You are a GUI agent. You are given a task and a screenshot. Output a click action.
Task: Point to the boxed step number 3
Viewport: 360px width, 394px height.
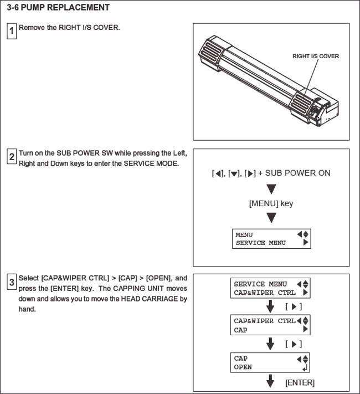pyautogui.click(x=11, y=283)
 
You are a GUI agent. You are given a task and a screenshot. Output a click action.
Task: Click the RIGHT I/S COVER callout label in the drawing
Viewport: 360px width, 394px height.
pyautogui.click(x=315, y=57)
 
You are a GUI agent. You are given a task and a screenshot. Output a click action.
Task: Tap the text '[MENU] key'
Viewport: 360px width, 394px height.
pyautogui.click(x=271, y=203)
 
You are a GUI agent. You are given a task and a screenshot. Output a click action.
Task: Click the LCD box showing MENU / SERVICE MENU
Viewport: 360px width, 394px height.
pyautogui.click(x=271, y=239)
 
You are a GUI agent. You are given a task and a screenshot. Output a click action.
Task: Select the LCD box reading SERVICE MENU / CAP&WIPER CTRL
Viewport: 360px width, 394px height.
pyautogui.click(x=271, y=288)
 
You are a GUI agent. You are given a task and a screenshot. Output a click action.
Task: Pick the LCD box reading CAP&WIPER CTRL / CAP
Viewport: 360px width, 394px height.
pyautogui.click(x=271, y=325)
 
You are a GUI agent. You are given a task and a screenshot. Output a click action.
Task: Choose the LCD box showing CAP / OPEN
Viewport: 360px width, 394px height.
pyautogui.click(x=271, y=362)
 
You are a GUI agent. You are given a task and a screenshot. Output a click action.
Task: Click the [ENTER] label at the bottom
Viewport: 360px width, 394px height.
pyautogui.click(x=300, y=383)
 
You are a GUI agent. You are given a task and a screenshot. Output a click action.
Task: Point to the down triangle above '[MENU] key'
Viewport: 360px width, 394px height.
pyautogui.click(x=271, y=188)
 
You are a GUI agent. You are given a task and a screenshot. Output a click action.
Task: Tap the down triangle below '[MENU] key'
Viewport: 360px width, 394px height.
pyautogui.click(x=271, y=218)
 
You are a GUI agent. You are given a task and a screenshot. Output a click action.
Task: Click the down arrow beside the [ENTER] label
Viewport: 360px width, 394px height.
pyautogui.click(x=271, y=382)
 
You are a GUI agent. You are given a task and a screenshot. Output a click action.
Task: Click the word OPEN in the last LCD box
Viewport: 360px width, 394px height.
pyautogui.click(x=243, y=367)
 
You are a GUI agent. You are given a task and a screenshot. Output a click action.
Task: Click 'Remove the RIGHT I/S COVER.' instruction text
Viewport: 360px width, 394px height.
pyautogui.click(x=69, y=27)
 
